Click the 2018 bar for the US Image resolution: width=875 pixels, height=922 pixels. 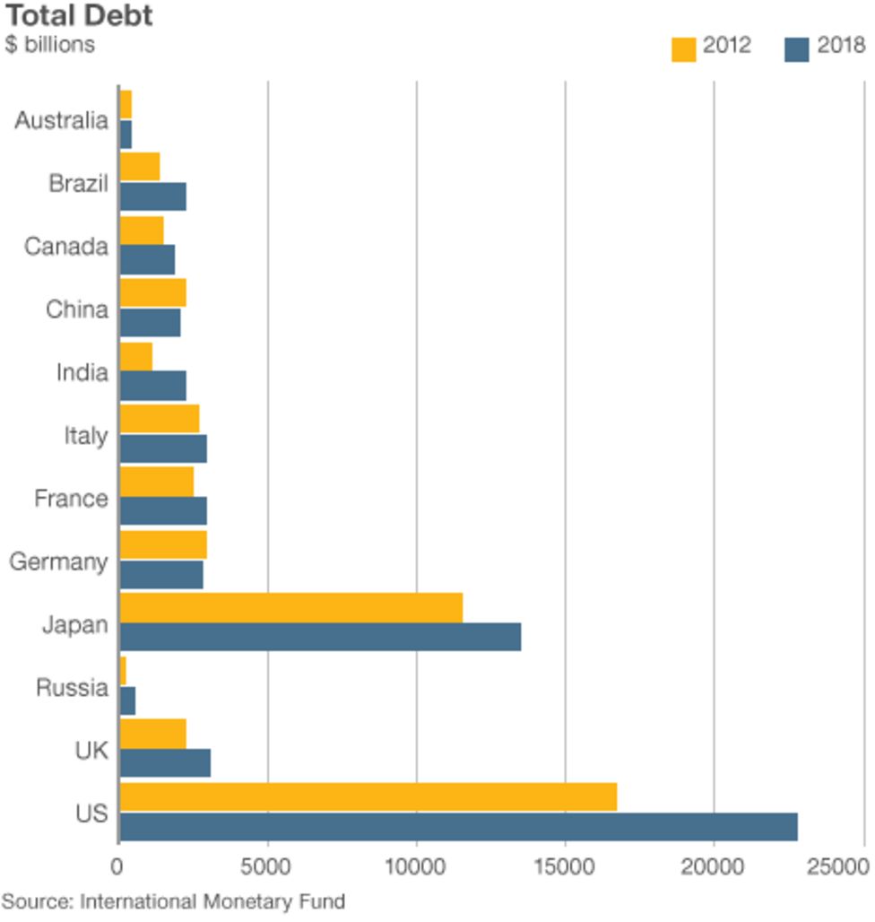[x=458, y=827]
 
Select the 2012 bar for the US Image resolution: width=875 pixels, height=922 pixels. [x=368, y=796]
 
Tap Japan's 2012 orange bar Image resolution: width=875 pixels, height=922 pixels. [x=290, y=607]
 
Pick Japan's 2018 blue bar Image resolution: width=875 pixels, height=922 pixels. [x=320, y=637]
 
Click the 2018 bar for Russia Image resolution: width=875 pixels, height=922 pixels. [x=127, y=700]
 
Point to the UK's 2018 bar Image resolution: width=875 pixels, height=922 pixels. [x=165, y=763]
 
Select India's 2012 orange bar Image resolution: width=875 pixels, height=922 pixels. [x=135, y=356]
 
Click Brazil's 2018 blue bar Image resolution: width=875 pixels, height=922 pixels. [x=152, y=196]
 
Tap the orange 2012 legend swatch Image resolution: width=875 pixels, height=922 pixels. [x=683, y=48]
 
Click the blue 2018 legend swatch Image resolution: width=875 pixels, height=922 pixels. [x=796, y=48]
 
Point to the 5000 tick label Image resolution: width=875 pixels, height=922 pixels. [x=267, y=867]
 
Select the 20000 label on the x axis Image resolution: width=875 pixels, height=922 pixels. [x=713, y=867]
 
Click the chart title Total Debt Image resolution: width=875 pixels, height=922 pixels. [x=79, y=15]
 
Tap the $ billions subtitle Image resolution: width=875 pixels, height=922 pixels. [x=49, y=44]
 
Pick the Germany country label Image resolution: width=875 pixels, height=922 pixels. [x=58, y=562]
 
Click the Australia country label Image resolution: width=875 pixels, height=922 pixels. [x=61, y=121]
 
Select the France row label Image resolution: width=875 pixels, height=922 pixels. [x=71, y=499]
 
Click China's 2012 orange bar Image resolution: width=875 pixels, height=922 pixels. [x=152, y=292]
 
